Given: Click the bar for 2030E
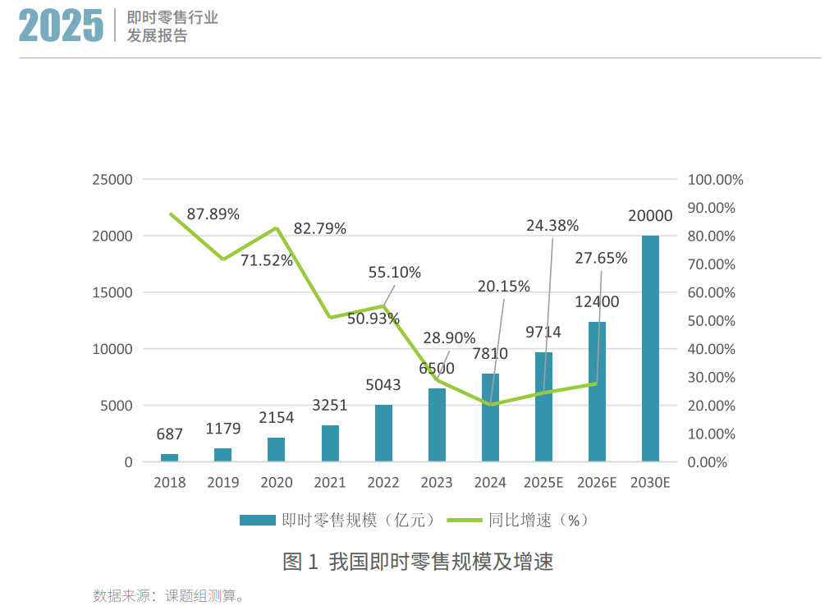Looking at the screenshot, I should [650, 348].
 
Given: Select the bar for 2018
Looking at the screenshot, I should [169, 457].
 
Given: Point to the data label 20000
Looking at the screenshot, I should [650, 216].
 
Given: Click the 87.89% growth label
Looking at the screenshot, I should [213, 214].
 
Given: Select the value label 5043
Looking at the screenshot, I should [383, 385].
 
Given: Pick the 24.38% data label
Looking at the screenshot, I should [552, 225].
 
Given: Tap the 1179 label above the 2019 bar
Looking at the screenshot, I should [223, 429].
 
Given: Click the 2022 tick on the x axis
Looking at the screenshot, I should [383, 483].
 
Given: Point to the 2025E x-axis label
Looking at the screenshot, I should [543, 483].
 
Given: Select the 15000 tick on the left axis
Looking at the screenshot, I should [116, 293].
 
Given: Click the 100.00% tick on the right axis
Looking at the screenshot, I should [715, 180].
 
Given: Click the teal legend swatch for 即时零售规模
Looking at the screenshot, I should [257, 520].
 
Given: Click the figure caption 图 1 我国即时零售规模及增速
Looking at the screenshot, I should [418, 562].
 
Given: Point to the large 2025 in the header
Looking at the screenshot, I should [62, 26].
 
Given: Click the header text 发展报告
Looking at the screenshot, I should [157, 36].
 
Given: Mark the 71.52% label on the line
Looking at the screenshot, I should [266, 260].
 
